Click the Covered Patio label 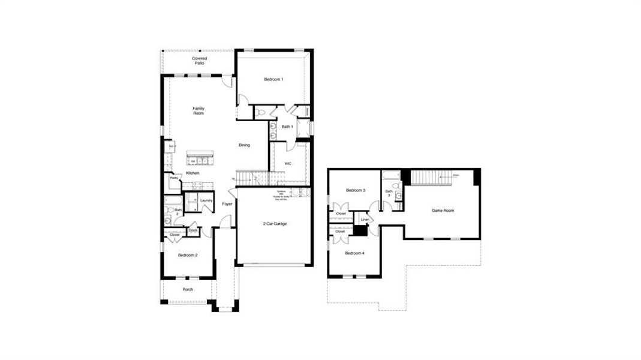[x=200, y=61]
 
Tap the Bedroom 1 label [x=273, y=79]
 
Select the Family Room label [x=198, y=111]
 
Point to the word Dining [x=244, y=145]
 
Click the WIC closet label [x=288, y=163]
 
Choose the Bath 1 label [x=287, y=127]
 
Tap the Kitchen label [x=192, y=173]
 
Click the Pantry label [x=173, y=178]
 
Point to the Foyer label [x=227, y=204]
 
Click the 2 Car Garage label [x=275, y=224]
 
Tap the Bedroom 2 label [x=188, y=255]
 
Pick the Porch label [x=188, y=290]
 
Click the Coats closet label [x=193, y=230]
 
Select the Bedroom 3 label [x=356, y=191]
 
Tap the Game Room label [x=443, y=211]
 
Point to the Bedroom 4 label [x=354, y=253]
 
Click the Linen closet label [x=365, y=220]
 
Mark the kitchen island [x=200, y=159]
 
